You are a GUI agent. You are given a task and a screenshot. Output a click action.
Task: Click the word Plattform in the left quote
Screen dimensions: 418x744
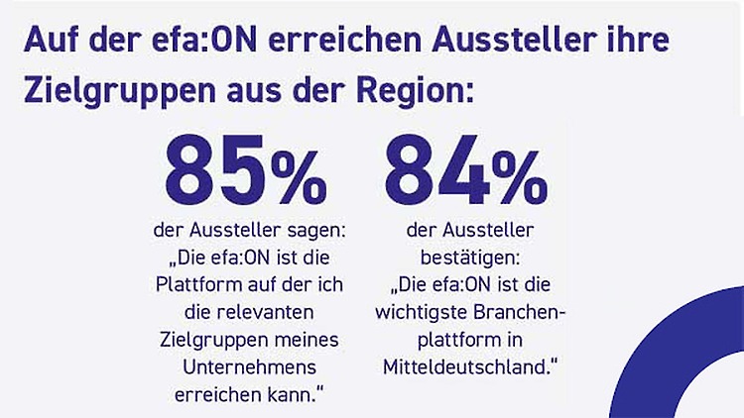coord(201,286)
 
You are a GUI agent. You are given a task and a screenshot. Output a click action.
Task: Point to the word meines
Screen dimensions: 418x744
coord(310,340)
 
